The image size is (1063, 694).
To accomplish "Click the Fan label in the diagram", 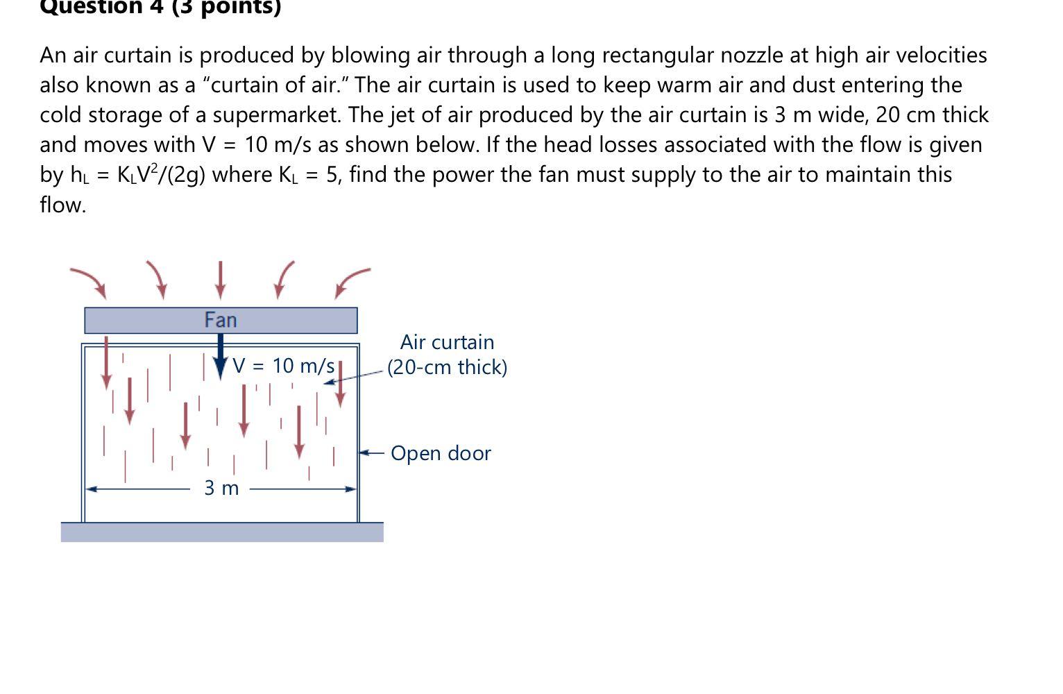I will pyautogui.click(x=221, y=320).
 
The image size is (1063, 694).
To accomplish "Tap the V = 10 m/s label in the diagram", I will pyautogui.click(x=284, y=366).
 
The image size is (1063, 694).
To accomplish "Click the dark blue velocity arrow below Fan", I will pyautogui.click(x=220, y=356).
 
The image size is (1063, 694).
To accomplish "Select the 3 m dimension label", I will pyautogui.click(x=221, y=489).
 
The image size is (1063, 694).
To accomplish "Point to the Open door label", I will pyautogui.click(x=441, y=453).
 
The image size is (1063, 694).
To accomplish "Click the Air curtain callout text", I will pyautogui.click(x=447, y=342).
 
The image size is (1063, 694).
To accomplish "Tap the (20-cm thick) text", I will pyautogui.click(x=447, y=367).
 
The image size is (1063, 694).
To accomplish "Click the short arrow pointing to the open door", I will pyautogui.click(x=371, y=453).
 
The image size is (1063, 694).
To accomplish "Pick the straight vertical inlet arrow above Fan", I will pyautogui.click(x=220, y=279).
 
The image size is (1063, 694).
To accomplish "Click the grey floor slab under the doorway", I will pyautogui.click(x=222, y=532).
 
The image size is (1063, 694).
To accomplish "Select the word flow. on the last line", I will pyautogui.click(x=62, y=205).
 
